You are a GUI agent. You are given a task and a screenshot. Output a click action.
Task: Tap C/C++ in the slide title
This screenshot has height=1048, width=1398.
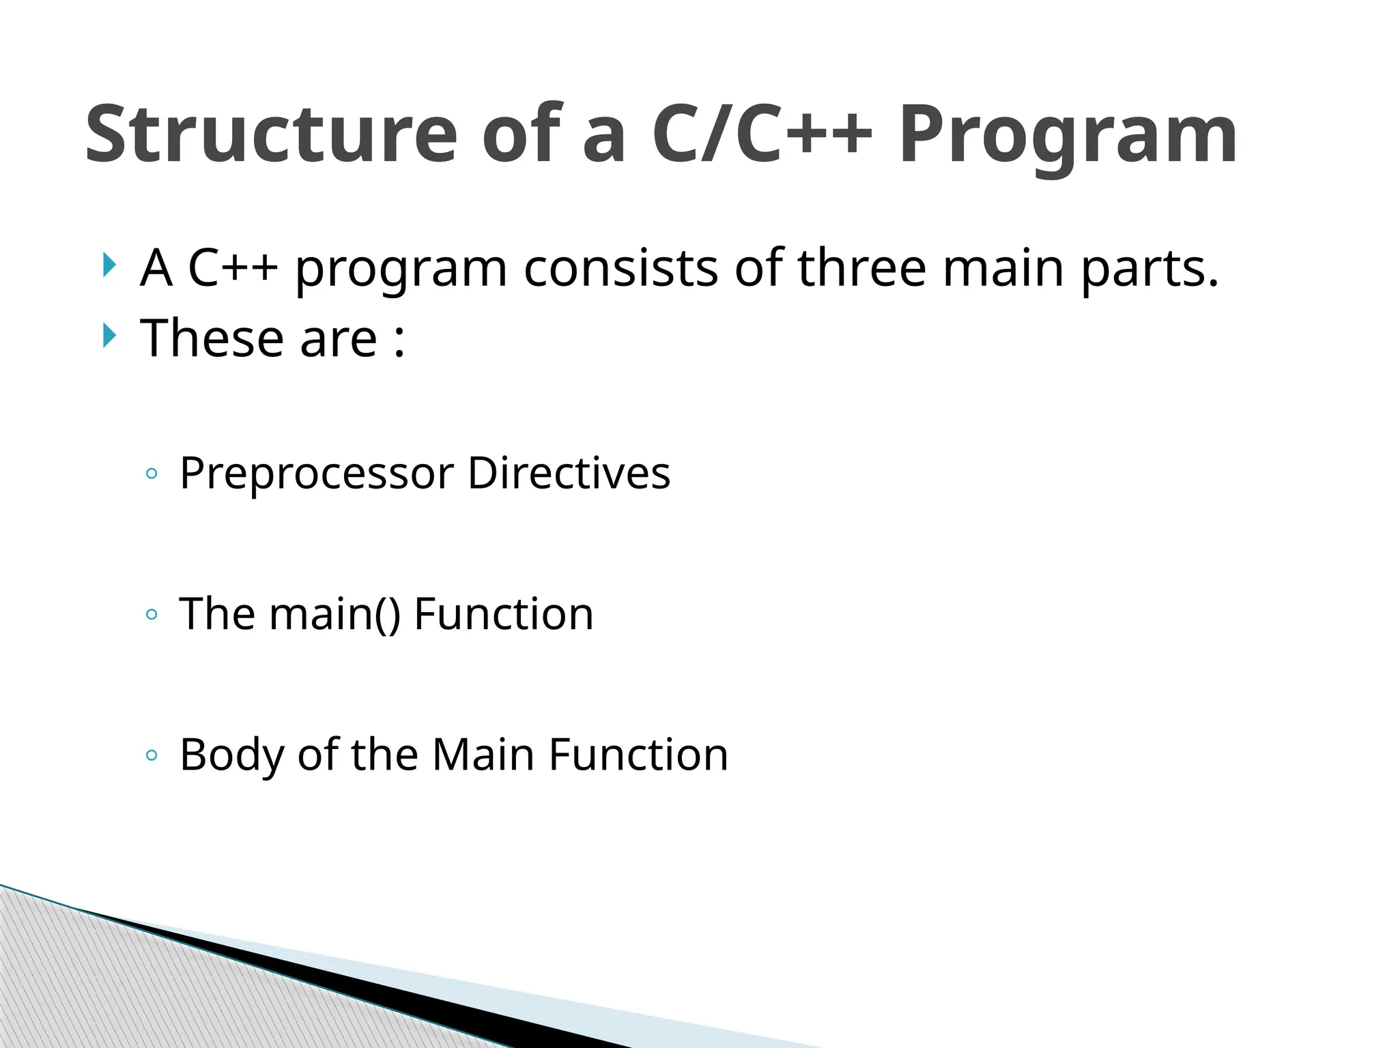762,134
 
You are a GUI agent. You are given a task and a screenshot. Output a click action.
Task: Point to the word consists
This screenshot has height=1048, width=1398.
620,268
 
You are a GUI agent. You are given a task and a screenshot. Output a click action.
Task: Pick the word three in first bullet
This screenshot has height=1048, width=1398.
861,268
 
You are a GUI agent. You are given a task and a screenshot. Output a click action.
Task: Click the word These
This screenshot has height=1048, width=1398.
212,338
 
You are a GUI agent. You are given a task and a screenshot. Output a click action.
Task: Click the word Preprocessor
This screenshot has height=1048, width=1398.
316,474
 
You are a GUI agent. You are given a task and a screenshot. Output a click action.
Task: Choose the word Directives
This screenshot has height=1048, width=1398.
569,473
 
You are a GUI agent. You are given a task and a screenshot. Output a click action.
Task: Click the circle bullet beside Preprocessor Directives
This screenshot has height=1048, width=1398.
152,474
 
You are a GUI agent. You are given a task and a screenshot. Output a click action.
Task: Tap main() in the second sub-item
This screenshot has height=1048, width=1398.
334,615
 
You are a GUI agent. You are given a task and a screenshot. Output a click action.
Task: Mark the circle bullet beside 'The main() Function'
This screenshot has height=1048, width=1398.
152,615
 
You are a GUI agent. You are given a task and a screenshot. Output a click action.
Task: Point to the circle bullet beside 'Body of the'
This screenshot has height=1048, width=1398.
152,755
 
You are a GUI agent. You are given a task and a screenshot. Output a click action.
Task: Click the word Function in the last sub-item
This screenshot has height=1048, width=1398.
638,755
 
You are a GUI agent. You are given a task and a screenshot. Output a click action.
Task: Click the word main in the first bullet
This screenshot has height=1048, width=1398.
1003,268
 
